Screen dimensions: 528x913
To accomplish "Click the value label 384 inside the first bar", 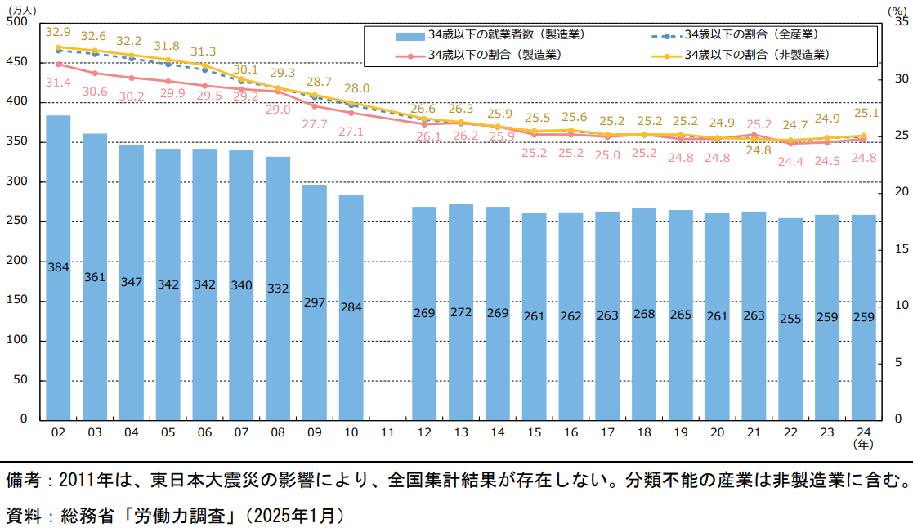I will pyautogui.click(x=58, y=267).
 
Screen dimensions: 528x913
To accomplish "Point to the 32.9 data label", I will pyautogui.click(x=58, y=32).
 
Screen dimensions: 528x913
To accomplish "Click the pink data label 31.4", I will pyautogui.click(x=58, y=83).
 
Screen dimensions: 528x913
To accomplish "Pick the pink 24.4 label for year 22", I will pyautogui.click(x=790, y=162).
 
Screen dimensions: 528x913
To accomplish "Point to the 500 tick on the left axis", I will pyautogui.click(x=16, y=22).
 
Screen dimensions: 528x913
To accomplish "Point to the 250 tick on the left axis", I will pyautogui.click(x=16, y=221).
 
